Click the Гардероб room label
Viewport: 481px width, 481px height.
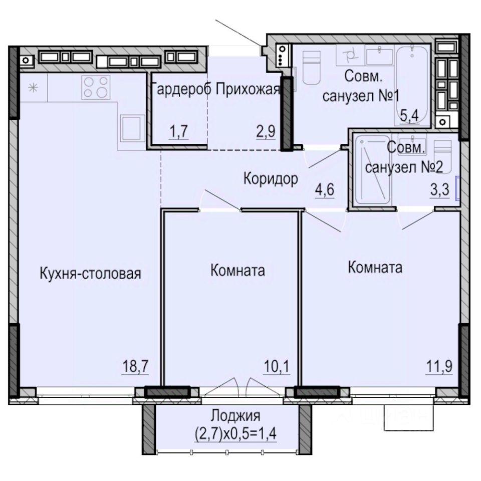pyautogui.click(x=181, y=90)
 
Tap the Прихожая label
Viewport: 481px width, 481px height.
pyautogui.click(x=248, y=90)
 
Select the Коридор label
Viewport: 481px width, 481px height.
pyautogui.click(x=271, y=179)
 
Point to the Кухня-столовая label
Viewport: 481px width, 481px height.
pyautogui.click(x=91, y=273)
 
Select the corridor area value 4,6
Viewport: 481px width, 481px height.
pyautogui.click(x=325, y=190)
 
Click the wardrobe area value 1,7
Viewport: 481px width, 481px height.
pyautogui.click(x=178, y=132)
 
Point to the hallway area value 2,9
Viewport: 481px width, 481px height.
pyautogui.click(x=266, y=132)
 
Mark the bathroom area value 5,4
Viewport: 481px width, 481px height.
pyautogui.click(x=409, y=116)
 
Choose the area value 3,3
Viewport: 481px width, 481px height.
pyautogui.click(x=439, y=190)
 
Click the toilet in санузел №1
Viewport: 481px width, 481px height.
pyautogui.click(x=312, y=68)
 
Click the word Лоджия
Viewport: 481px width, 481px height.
pyautogui.click(x=235, y=416)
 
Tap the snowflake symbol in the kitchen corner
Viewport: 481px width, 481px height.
pyautogui.click(x=33, y=88)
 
